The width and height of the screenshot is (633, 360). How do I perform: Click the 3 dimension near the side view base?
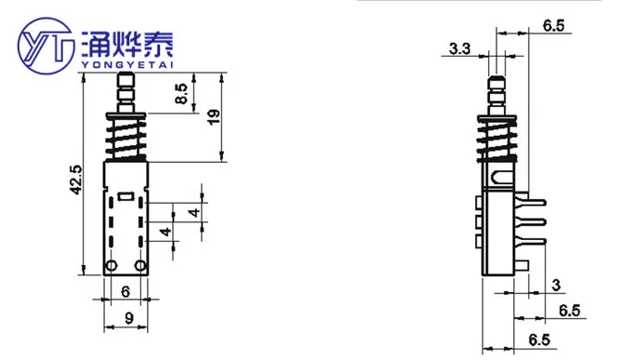point(555,284)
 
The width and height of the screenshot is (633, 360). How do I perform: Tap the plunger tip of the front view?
point(125,84)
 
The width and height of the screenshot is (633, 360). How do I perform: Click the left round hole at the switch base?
point(111,266)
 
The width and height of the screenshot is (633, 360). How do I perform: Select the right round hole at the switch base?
point(140,266)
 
